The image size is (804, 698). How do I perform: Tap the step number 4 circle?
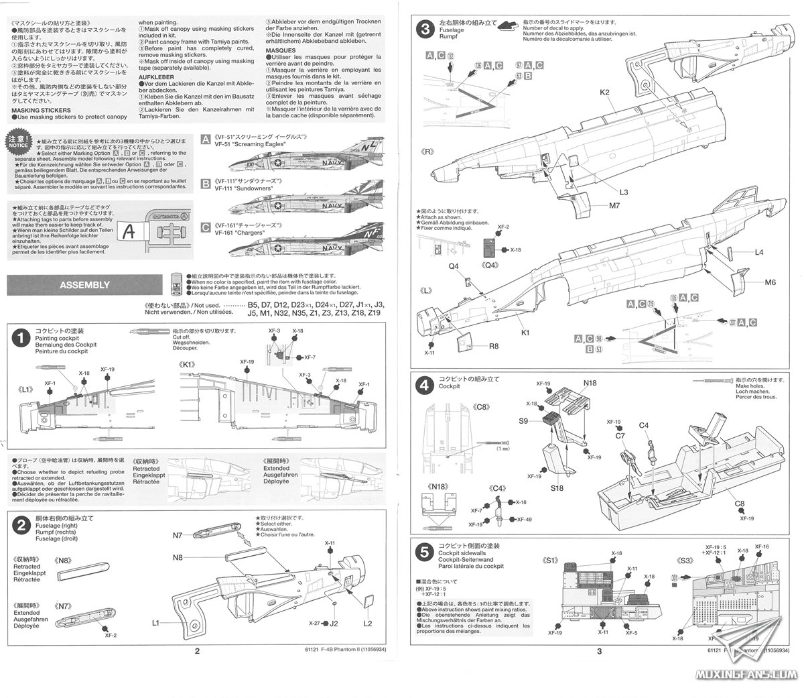pyautogui.click(x=423, y=386)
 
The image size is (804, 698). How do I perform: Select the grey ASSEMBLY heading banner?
pyautogui.click(x=84, y=285)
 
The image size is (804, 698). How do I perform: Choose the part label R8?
pyautogui.click(x=493, y=346)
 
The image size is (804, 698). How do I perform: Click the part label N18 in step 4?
pyautogui.click(x=590, y=383)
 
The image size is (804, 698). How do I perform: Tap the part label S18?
pyautogui.click(x=557, y=489)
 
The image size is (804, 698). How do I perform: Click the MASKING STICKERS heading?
pyautogui.click(x=46, y=109)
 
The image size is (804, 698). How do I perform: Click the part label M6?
pyautogui.click(x=770, y=282)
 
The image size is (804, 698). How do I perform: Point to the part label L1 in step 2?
pyautogui.click(x=155, y=623)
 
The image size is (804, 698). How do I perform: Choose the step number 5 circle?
pyautogui.click(x=423, y=552)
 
